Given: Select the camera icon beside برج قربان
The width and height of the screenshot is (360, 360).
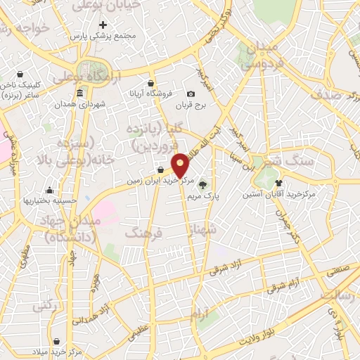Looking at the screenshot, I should point(191,94).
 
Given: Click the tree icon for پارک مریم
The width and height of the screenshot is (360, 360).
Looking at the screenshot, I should point(203,185).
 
